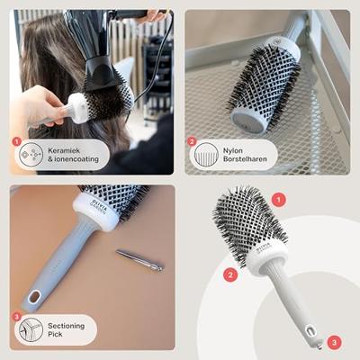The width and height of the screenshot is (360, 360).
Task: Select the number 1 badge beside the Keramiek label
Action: (17, 140)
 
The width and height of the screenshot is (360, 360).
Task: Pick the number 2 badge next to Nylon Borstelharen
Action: (192, 141)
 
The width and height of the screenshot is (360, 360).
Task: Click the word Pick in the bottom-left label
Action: (58, 336)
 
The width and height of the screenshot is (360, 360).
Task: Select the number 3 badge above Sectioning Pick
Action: (17, 316)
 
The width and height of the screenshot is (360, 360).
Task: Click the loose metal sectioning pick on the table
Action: (139, 260)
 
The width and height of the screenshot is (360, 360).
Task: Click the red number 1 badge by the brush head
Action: (280, 200)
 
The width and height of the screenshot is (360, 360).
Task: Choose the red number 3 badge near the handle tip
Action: (334, 341)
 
